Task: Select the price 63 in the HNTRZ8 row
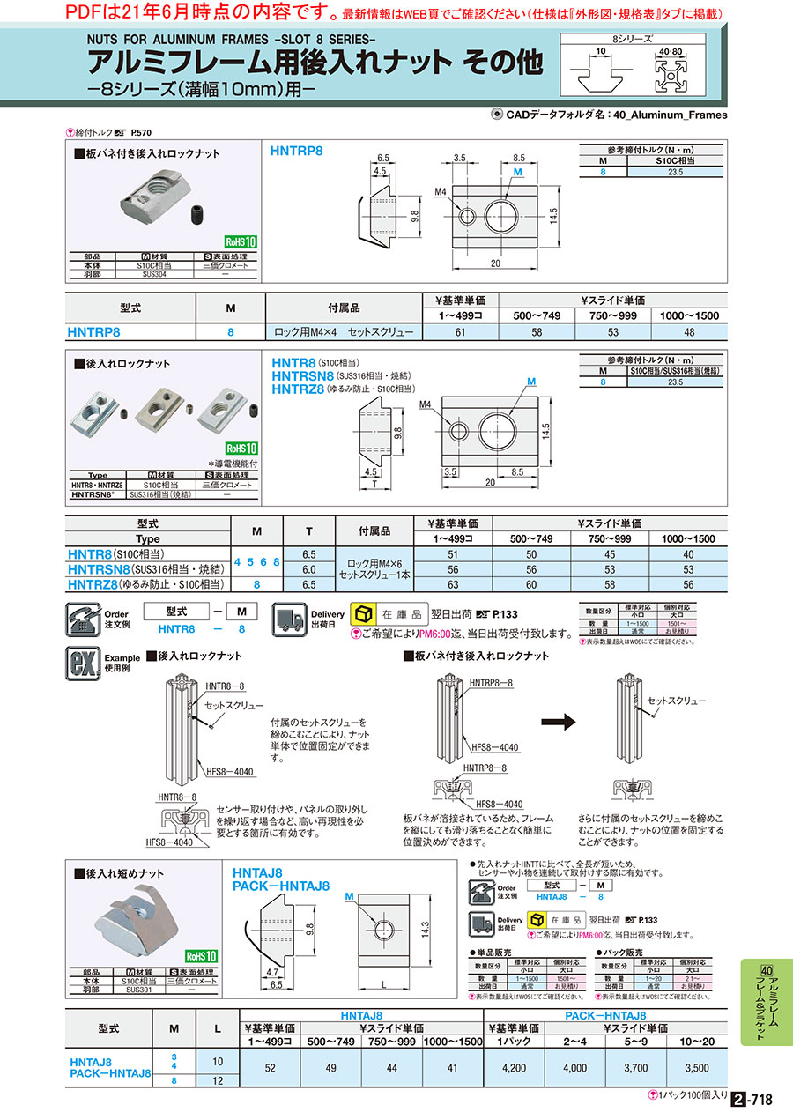[x=453, y=584]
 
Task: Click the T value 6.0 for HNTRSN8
[x=308, y=569]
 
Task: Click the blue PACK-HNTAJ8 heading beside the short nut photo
[x=281, y=886]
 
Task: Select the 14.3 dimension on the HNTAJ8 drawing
[x=426, y=930]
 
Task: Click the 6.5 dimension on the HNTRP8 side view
[x=382, y=158]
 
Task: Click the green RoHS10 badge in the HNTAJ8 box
[x=202, y=955]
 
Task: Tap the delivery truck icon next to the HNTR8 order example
[x=287, y=619]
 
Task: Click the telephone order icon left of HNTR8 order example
[x=84, y=619]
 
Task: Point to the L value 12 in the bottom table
[x=217, y=1080]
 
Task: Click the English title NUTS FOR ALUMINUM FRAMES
[x=232, y=38]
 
